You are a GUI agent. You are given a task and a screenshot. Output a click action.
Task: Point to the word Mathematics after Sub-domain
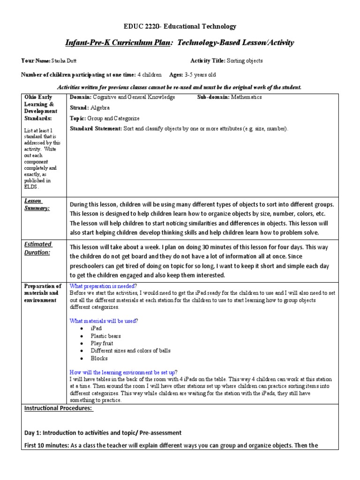246,97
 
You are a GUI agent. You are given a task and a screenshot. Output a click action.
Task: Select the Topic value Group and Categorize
116,118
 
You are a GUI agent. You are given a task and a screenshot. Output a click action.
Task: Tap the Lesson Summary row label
37,204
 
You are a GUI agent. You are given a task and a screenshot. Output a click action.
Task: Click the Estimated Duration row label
38,248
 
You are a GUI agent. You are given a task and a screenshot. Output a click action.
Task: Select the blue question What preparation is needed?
103,286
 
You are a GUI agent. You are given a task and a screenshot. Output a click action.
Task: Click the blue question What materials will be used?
104,321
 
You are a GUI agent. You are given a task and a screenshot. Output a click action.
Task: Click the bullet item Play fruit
103,343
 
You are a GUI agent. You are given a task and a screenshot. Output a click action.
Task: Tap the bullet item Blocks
99,358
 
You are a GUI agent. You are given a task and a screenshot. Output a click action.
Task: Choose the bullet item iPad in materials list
96,328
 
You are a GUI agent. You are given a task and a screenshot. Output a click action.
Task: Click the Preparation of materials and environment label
43,293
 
